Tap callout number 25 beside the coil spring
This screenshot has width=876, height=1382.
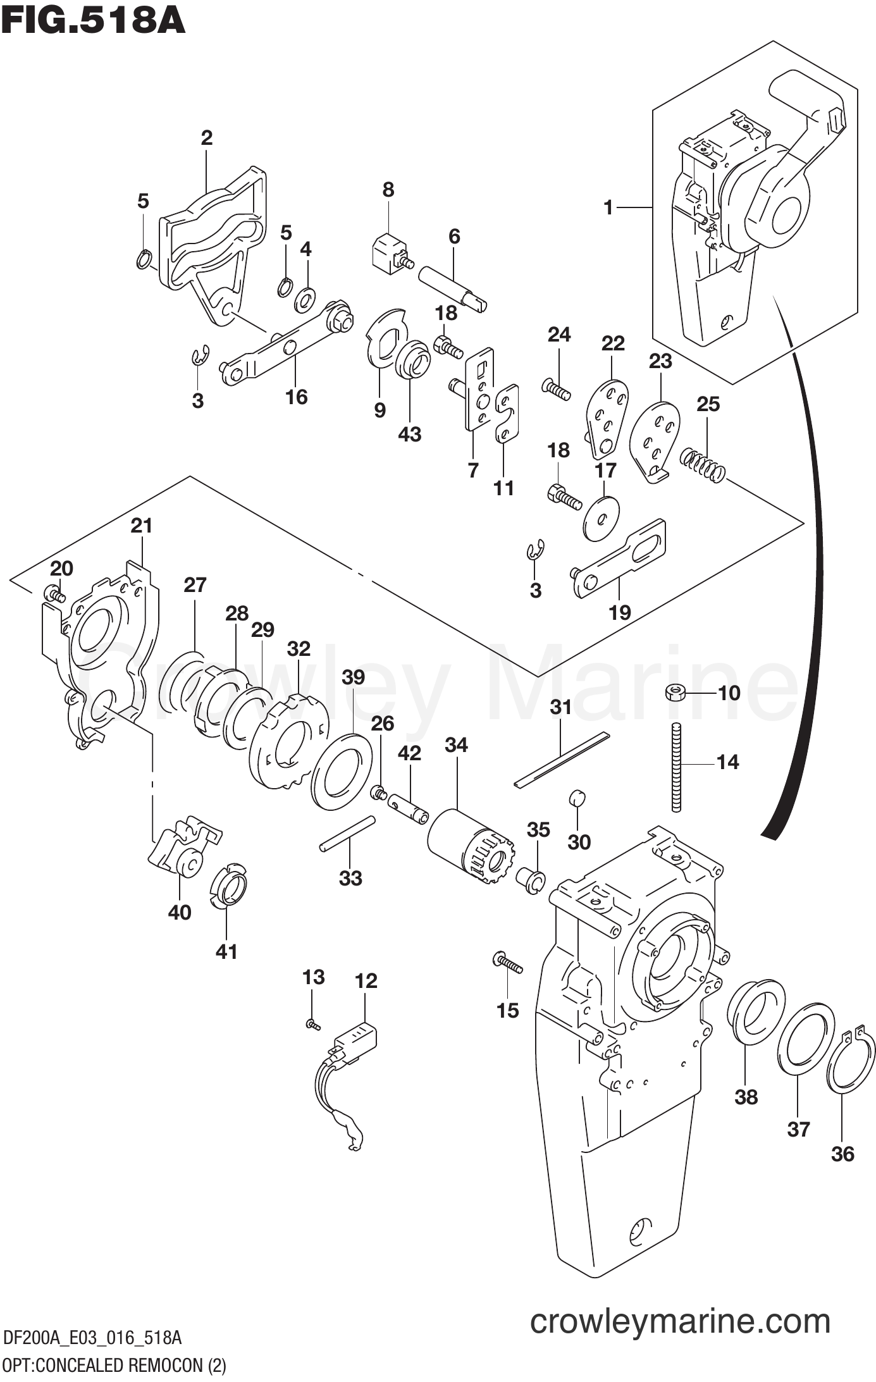708,404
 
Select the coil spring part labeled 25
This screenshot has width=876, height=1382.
703,466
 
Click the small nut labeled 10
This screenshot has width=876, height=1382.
674,693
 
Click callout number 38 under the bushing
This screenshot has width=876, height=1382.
746,1096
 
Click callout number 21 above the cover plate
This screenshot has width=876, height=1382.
142,526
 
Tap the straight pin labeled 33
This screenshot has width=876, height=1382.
348,834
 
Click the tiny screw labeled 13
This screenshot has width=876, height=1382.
312,1023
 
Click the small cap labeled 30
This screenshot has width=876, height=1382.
579,798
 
